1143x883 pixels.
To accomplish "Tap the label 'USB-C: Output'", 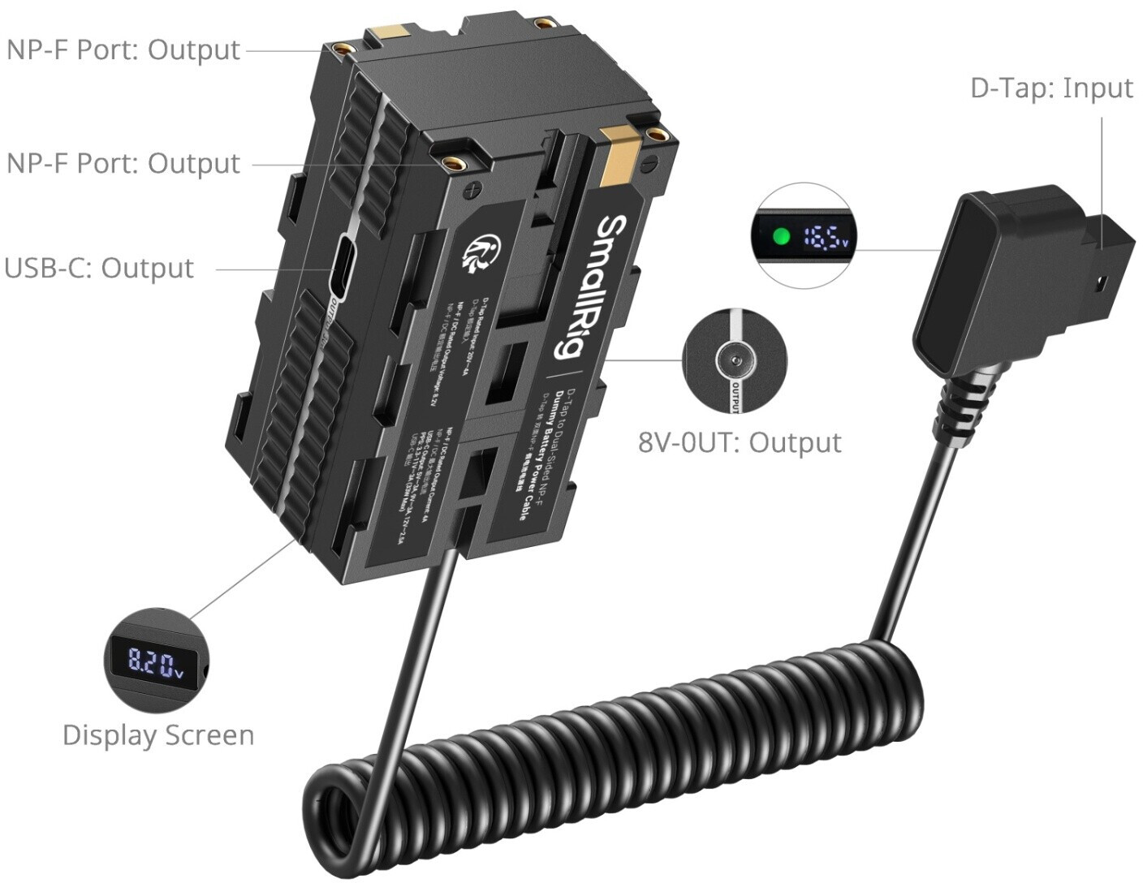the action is pyautogui.click(x=99, y=268).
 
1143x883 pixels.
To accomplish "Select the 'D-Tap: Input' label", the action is pyautogui.click(x=1050, y=88).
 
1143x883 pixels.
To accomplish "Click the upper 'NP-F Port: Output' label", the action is pyautogui.click(x=123, y=50).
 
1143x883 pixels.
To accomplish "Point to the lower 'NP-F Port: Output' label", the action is pyautogui.click(x=123, y=163).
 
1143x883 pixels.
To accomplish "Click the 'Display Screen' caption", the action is pyautogui.click(x=158, y=734).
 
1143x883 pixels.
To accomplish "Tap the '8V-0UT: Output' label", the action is pyautogui.click(x=739, y=442).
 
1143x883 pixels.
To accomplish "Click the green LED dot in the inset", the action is pyautogui.click(x=782, y=237).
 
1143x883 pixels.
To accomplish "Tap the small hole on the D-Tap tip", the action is pyautogui.click(x=1101, y=284).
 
